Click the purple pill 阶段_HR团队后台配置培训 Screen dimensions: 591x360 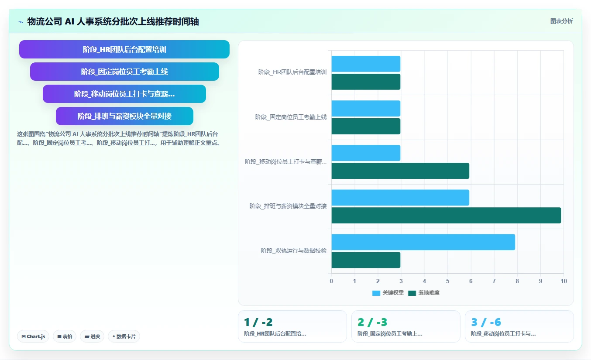(124, 49)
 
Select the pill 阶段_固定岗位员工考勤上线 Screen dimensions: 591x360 (124, 72)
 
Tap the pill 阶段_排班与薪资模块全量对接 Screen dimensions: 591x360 (124, 116)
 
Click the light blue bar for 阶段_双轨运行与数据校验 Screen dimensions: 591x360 (423, 242)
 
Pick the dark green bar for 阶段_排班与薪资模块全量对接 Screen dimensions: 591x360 (446, 215)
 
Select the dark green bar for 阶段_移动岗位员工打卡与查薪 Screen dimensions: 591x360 (400, 171)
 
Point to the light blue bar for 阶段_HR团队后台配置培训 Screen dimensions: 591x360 (366, 64)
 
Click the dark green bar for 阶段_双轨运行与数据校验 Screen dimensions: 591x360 (366, 260)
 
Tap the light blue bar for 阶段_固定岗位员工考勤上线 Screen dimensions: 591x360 (366, 108)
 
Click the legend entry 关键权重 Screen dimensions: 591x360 (388, 293)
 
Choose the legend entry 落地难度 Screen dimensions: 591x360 (424, 293)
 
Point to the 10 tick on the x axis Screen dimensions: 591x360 (564, 281)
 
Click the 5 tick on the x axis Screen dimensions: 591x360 (447, 281)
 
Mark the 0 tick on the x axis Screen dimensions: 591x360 (331, 281)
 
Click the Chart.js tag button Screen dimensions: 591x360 (33, 336)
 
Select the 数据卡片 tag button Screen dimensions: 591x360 (124, 336)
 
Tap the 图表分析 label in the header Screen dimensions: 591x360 (561, 21)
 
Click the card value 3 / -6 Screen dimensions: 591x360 (486, 322)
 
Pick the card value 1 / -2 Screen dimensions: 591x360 (258, 322)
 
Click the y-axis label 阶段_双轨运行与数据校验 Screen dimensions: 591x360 (294, 250)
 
